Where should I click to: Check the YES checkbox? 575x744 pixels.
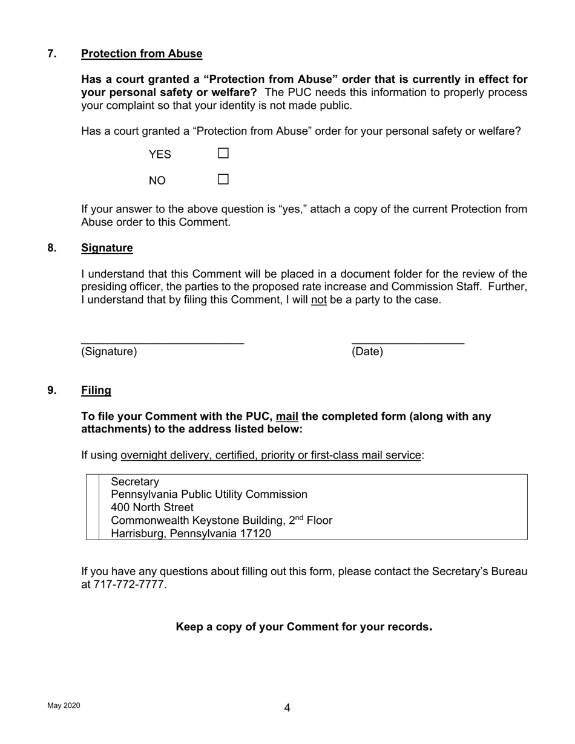(223, 154)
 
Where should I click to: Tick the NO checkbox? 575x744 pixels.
(223, 180)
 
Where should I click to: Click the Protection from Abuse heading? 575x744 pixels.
(142, 54)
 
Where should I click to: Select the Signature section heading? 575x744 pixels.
(107, 248)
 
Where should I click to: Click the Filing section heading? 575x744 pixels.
(96, 390)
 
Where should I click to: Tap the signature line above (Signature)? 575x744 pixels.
(162, 343)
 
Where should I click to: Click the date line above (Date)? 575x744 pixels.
(408, 343)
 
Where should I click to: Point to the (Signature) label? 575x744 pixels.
(109, 352)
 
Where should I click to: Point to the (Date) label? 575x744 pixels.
(367, 352)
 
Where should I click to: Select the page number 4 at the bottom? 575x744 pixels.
(287, 708)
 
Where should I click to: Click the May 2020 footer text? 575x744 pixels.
(64, 706)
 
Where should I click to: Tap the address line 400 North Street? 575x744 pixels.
(152, 507)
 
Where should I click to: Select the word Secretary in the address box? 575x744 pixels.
(135, 482)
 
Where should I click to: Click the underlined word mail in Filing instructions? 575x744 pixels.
(287, 417)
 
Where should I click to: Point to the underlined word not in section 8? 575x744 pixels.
(318, 300)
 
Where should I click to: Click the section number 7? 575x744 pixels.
(52, 54)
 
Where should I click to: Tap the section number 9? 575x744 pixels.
(52, 390)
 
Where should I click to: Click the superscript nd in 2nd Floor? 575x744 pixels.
(298, 518)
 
